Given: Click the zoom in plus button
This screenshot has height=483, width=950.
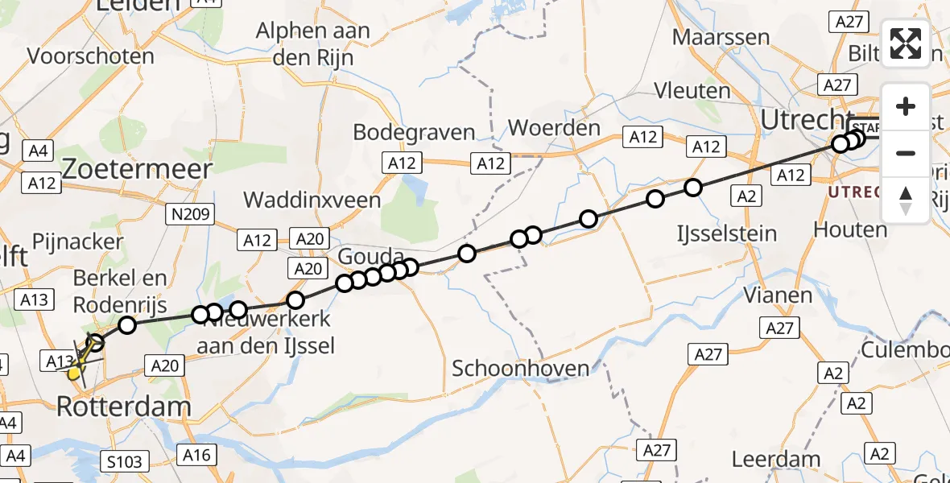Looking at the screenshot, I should pos(906,106).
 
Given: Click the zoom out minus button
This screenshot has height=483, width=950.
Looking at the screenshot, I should pos(906,153).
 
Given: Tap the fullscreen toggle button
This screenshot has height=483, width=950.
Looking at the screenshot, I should pos(906,43).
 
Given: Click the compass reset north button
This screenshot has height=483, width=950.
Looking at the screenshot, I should pos(906,200).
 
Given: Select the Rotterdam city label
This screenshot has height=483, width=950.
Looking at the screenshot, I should pos(124,407).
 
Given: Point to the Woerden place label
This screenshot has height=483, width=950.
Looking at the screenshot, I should pos(555,127).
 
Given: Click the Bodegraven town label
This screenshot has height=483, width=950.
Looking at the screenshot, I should pos(414,132).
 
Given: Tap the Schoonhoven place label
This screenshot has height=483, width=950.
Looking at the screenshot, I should pos(520,369).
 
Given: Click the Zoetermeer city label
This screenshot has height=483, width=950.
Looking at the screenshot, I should pos(137,169).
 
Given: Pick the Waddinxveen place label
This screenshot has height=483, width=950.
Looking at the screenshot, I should pos(312,199).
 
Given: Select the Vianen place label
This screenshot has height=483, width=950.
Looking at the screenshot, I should pos(778,295).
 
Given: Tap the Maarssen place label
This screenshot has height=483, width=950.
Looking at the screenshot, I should pos(721,37).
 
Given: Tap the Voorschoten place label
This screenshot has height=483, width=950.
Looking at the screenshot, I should pos(90,56).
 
